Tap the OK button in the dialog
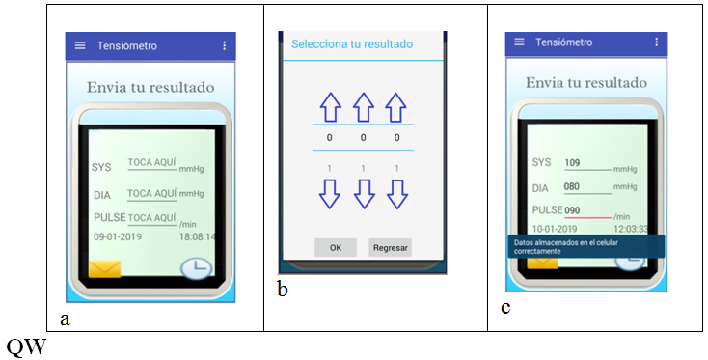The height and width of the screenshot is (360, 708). pyautogui.click(x=336, y=247)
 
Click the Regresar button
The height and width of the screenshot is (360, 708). pyautogui.click(x=390, y=247)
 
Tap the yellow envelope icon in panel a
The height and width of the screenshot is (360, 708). pyautogui.click(x=105, y=268)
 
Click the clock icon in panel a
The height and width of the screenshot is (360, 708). pyautogui.click(x=197, y=268)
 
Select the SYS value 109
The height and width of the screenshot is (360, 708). pyautogui.click(x=572, y=162)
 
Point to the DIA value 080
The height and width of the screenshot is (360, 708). pyautogui.click(x=572, y=186)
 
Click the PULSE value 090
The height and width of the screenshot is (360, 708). pyautogui.click(x=572, y=210)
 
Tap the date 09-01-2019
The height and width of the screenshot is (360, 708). pyautogui.click(x=118, y=236)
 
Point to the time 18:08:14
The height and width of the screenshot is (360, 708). pyautogui.click(x=198, y=236)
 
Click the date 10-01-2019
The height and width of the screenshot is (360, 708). pyautogui.click(x=555, y=229)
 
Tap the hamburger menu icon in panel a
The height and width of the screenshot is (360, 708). pyautogui.click(x=80, y=45)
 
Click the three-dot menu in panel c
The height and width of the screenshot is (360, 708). pyautogui.click(x=657, y=42)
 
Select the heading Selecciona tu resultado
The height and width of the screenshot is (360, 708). pyautogui.click(x=352, y=44)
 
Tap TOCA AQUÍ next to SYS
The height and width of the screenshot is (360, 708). pyautogui.click(x=152, y=162)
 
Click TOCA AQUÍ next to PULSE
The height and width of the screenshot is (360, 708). pyautogui.click(x=152, y=219)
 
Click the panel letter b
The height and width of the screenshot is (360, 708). pyautogui.click(x=283, y=290)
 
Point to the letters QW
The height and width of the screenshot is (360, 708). pyautogui.click(x=26, y=346)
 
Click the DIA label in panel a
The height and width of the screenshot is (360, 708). pyautogui.click(x=102, y=195)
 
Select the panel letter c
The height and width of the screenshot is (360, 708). pyautogui.click(x=505, y=308)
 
